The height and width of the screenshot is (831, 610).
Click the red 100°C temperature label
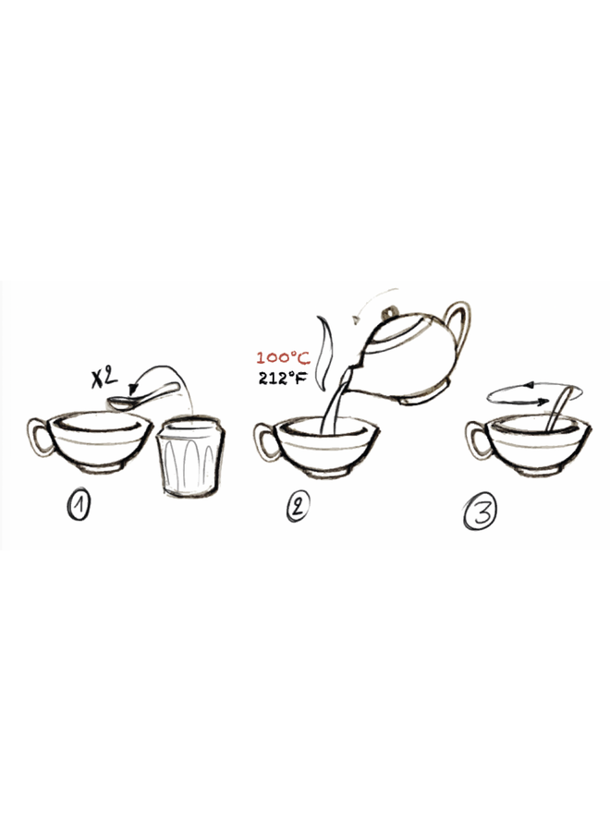[x=283, y=357]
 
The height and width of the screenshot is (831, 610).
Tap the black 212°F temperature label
[x=283, y=379]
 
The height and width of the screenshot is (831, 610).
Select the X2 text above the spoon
[x=104, y=377]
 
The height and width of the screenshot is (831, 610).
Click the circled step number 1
[x=79, y=505]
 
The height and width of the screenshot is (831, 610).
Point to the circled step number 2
[x=297, y=507]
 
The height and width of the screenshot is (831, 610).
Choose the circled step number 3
[x=481, y=511]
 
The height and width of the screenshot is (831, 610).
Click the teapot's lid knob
[x=391, y=310]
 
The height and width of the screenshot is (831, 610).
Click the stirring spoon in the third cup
[x=558, y=408]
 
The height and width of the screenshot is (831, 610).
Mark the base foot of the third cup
[x=537, y=470]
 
